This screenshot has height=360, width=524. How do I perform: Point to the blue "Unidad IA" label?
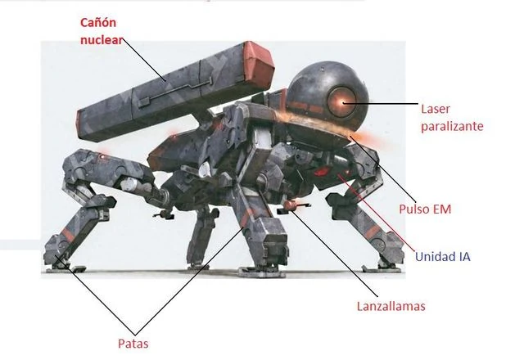pyautogui.click(x=442, y=256)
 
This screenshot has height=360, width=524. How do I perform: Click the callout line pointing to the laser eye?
pyautogui.click(x=385, y=104)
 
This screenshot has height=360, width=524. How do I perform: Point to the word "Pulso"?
pyautogui.click(x=411, y=209)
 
